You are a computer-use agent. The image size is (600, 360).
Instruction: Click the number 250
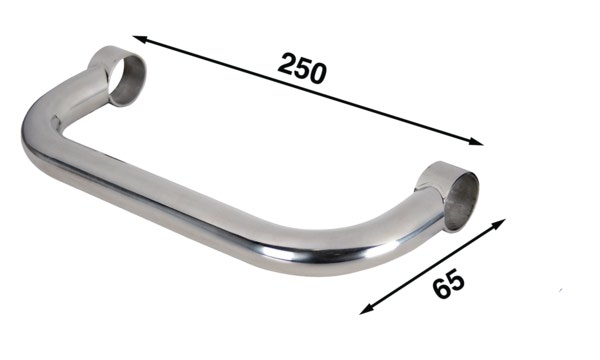point(302,67)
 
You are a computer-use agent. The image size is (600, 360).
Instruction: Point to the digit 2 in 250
point(286,62)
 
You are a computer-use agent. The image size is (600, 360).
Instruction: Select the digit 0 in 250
point(320,73)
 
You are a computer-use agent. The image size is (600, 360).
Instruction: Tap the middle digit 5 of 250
point(303,67)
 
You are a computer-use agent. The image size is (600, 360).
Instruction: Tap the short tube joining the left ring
point(92,85)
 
